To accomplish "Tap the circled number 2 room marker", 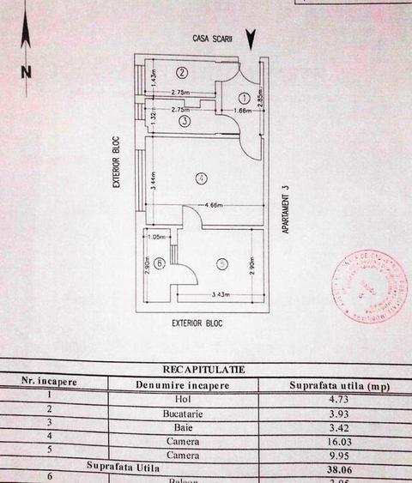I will pos(182,71).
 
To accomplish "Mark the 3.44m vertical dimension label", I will pos(152,179).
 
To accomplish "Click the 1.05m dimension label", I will pos(157,238).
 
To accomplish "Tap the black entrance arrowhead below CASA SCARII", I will pos(250,39).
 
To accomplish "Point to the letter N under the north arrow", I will pos(27,72).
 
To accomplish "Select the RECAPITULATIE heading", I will pos(203,370).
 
